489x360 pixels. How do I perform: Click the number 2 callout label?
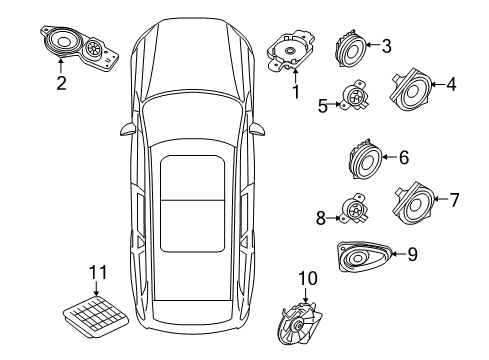tap(60, 83)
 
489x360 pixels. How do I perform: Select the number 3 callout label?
tap(386, 45)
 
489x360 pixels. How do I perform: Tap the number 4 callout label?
tap(450, 85)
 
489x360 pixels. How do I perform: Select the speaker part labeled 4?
tap(408, 88)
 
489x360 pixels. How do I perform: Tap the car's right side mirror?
tap(258, 129)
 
